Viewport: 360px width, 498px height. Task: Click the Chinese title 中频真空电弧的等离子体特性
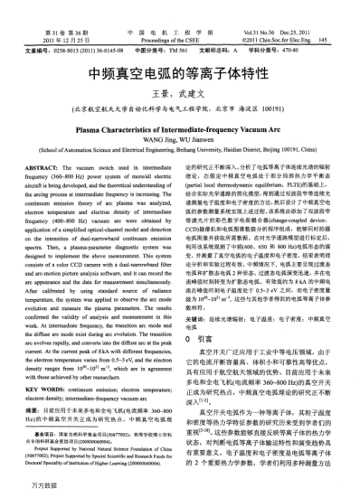(x=180, y=73)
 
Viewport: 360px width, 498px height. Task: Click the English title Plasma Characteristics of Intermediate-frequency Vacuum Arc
(x=180, y=128)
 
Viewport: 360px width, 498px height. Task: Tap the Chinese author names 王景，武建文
(x=180, y=95)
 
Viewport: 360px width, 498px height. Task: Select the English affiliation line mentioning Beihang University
(x=180, y=149)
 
